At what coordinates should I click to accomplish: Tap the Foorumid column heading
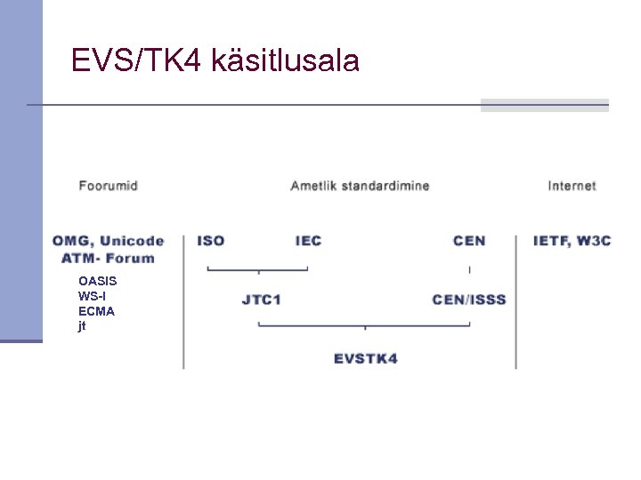[x=108, y=186]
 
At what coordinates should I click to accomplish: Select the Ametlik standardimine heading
[x=360, y=186]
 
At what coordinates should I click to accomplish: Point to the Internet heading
[x=572, y=186]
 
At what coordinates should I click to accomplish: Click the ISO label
[x=210, y=241]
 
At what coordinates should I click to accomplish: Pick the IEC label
[x=308, y=241]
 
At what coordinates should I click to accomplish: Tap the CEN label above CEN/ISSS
[x=469, y=241]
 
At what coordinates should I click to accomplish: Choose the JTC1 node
[x=261, y=300]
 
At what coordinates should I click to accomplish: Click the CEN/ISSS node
[x=469, y=300]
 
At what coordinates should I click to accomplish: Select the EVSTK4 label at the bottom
[x=366, y=359]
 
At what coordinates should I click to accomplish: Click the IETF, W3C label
[x=572, y=241]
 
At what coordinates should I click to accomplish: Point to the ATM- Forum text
[x=108, y=259]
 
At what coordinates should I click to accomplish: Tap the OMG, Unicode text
[x=108, y=241]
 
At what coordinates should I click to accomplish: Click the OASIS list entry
[x=97, y=281]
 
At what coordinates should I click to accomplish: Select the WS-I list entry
[x=92, y=296]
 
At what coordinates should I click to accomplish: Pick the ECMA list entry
[x=96, y=311]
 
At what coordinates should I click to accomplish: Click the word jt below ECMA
[x=82, y=326]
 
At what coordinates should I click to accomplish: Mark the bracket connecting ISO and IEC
[x=258, y=268]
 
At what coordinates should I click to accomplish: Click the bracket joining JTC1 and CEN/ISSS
[x=364, y=325]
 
